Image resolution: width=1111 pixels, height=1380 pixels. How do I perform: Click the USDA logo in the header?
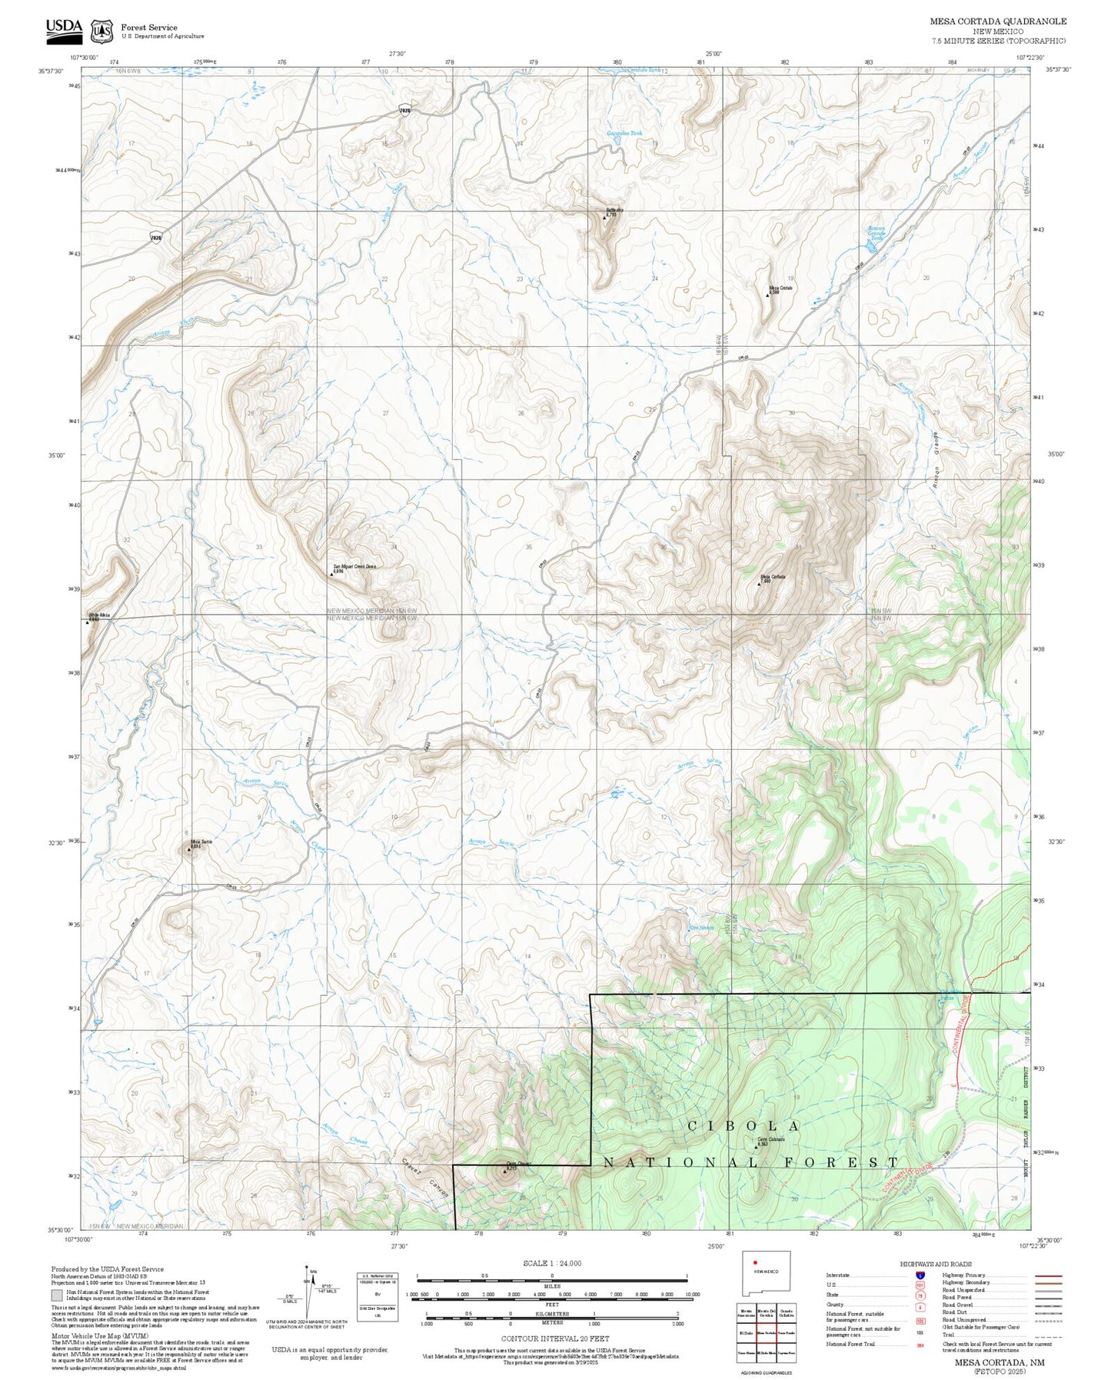coord(63,28)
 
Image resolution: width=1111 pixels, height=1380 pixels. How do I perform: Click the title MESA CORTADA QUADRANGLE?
coord(997,22)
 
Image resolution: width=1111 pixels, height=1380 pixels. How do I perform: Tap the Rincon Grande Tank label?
coord(876,233)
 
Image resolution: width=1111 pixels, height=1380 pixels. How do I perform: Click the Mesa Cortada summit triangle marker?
coord(759,584)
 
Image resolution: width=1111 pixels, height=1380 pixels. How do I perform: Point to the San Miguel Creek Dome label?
coord(354,567)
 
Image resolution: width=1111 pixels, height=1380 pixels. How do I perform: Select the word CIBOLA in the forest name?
coord(743,1126)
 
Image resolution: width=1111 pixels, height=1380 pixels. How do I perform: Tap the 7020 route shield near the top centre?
coord(405,111)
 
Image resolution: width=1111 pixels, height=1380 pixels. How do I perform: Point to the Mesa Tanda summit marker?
coord(190,849)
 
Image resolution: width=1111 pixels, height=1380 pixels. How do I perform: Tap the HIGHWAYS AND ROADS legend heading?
coord(936,1264)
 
